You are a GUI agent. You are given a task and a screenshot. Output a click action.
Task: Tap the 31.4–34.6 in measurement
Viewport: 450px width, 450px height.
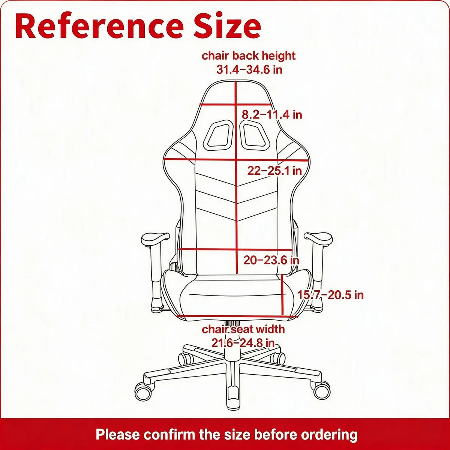click(x=249, y=70)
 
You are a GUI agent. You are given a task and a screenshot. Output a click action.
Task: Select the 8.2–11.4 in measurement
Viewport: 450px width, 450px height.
click(x=271, y=115)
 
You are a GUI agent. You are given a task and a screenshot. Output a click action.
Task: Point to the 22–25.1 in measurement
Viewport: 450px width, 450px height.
click(x=274, y=171)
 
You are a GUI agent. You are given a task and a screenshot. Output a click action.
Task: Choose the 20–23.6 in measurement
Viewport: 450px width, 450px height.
click(x=271, y=260)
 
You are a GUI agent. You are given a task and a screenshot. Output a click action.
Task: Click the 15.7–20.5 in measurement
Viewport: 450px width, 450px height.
click(x=330, y=295)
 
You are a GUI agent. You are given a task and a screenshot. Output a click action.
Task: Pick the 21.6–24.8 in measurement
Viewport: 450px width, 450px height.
click(x=243, y=343)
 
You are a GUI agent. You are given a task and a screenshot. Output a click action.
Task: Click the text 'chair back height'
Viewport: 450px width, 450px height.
click(x=249, y=56)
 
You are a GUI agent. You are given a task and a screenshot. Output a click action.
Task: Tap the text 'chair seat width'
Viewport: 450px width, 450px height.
click(x=243, y=329)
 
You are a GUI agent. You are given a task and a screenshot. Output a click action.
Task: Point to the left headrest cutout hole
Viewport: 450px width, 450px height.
click(x=218, y=135)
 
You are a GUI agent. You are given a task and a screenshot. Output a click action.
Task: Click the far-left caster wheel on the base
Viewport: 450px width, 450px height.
click(x=143, y=391)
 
